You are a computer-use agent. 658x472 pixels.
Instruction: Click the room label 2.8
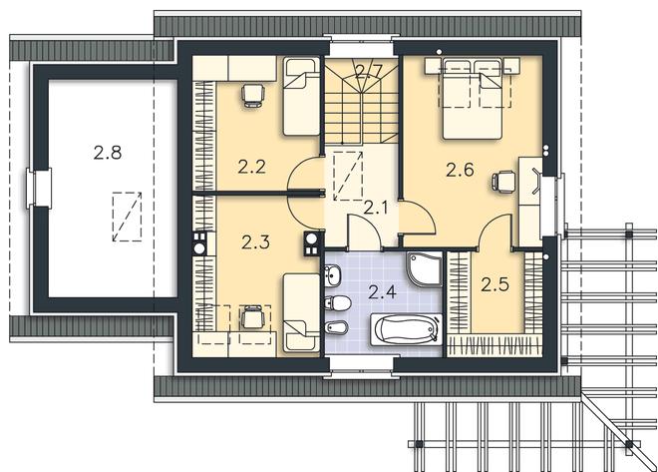point(108,153)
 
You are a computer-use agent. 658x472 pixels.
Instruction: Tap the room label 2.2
point(252,167)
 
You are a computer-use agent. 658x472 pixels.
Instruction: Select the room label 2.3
point(255,242)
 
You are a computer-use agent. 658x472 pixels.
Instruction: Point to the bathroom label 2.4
point(382,291)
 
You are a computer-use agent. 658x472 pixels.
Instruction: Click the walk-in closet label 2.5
point(495,284)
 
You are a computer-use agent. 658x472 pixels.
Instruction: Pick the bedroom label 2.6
point(460,170)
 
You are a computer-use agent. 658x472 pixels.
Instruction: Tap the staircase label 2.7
point(368,71)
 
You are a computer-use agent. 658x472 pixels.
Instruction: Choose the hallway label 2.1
point(376,207)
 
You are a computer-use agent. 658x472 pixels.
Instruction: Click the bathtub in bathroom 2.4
point(406,330)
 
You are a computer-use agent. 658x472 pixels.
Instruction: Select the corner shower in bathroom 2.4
point(424,268)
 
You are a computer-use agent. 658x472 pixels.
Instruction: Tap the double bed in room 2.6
point(473,98)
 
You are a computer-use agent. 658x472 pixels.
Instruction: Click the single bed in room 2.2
point(301,96)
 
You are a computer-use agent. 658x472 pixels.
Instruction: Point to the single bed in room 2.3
point(301,312)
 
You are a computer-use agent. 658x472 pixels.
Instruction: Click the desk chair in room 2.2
point(253,96)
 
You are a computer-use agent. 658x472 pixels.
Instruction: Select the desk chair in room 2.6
point(502,183)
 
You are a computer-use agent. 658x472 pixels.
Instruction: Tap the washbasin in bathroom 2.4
point(332,275)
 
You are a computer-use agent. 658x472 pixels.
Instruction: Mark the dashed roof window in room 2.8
point(127,217)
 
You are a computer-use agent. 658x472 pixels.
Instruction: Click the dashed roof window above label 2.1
point(348,176)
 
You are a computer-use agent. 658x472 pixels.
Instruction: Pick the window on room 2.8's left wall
point(38,189)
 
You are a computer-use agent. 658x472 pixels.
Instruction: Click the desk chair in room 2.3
point(252,317)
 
